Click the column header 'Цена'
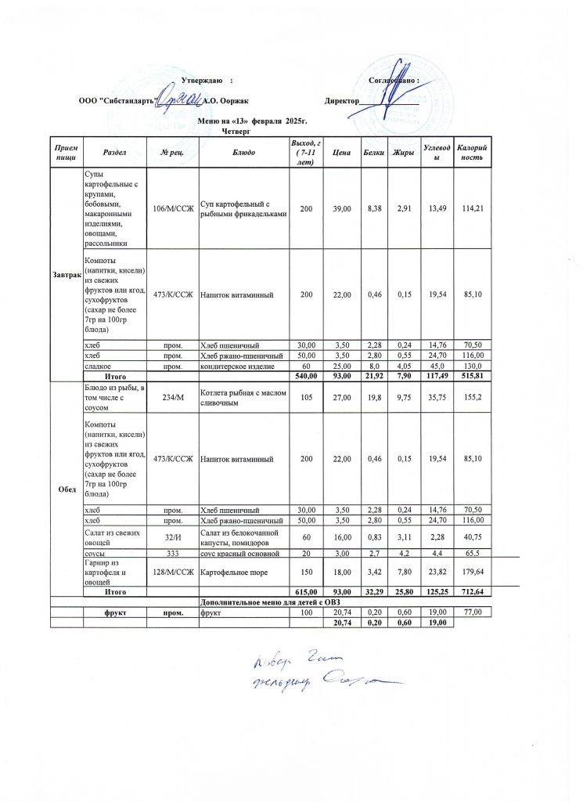click(x=340, y=151)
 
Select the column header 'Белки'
click(x=373, y=151)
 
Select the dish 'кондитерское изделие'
click(x=235, y=367)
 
